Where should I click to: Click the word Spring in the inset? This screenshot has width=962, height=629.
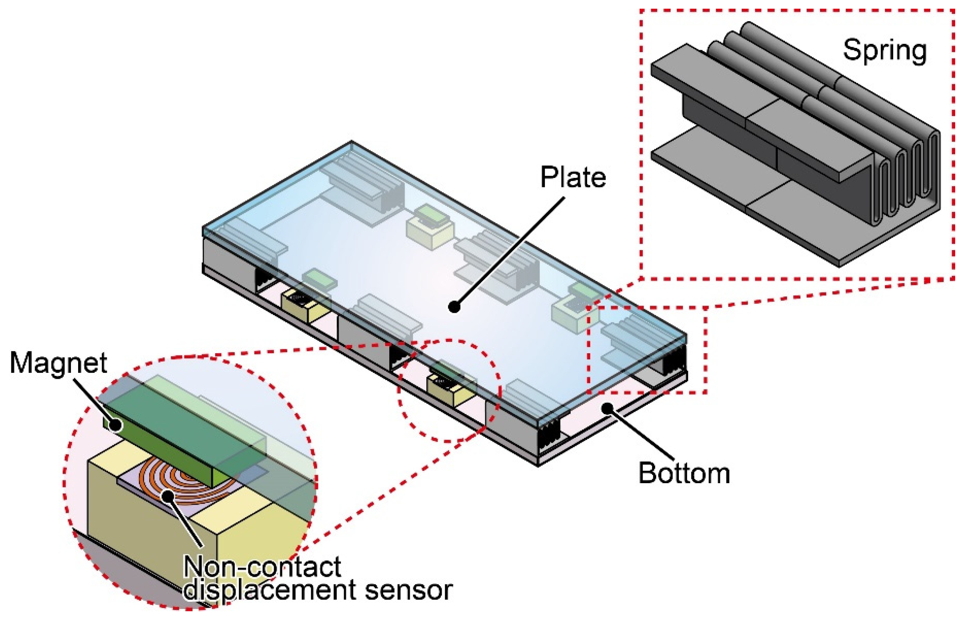point(884,51)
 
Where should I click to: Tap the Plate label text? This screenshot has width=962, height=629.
point(573,177)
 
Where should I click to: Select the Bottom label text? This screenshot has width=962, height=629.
point(684,473)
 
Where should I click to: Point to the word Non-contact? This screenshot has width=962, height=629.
point(262,567)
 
